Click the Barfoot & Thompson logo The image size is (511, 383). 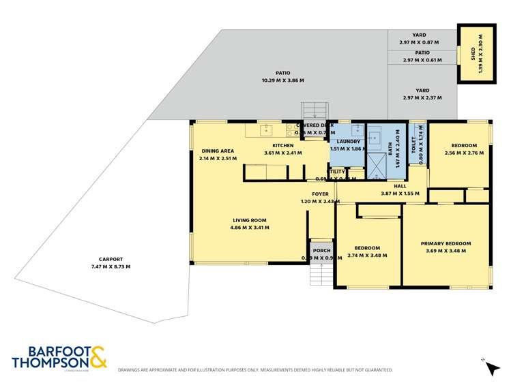[x=59, y=357]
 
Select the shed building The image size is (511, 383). [x=476, y=54]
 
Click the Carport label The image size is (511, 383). [x=110, y=259]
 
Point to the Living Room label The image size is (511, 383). [x=249, y=220]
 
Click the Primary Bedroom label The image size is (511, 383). [x=446, y=243]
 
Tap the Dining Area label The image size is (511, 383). [x=218, y=151]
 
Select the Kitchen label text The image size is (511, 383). [x=282, y=145]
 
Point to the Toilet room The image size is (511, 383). [x=417, y=147]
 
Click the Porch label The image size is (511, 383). [x=321, y=249]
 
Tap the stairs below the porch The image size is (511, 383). [x=321, y=274]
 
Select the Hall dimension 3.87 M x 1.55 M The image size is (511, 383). [x=399, y=194]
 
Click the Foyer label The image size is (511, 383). [x=320, y=194]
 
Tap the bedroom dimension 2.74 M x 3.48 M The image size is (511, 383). [x=367, y=256]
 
